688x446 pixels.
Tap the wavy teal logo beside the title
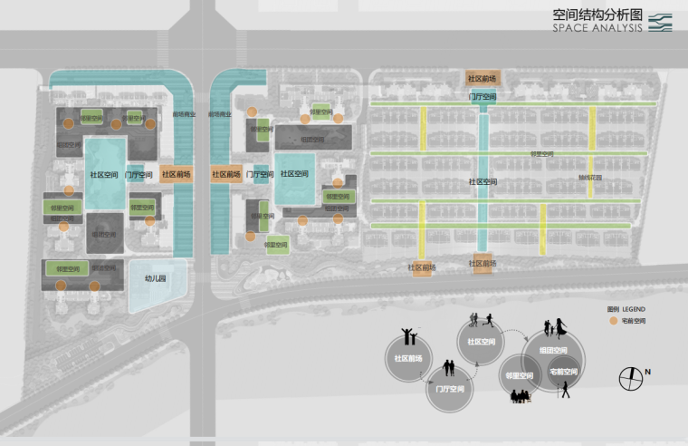pos(660,22)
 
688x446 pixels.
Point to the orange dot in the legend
pos(613,321)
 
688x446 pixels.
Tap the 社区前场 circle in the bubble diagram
pos(409,358)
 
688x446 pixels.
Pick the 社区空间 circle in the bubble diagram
pos(482,343)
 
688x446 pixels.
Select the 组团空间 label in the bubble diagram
pos(553,351)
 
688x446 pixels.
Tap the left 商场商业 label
pos(185,115)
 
